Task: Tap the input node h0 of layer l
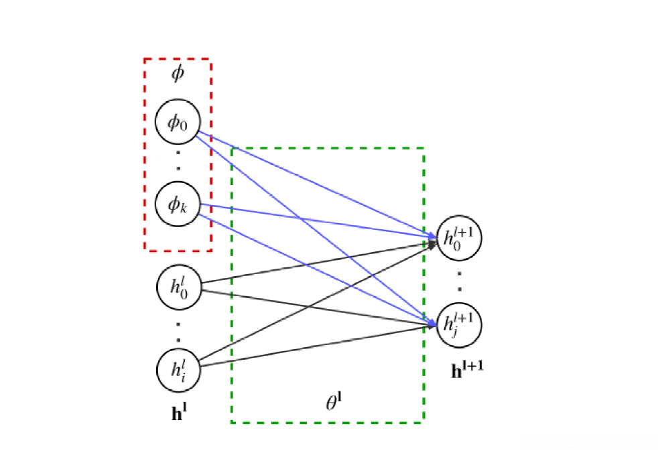coord(178,287)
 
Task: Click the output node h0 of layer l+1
coord(459,238)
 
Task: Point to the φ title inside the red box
coord(178,74)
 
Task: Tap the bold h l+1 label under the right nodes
coord(468,368)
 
